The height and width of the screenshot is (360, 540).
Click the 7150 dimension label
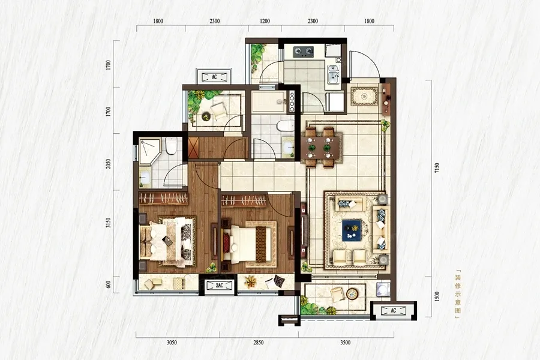(x=437, y=168)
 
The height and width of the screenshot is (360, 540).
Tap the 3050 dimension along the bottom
(x=172, y=343)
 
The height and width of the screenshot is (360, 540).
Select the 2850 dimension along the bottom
(x=258, y=343)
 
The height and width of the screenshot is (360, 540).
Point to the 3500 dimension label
(x=345, y=343)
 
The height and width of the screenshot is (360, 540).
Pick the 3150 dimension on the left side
(x=109, y=223)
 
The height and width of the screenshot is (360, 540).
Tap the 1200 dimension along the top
(x=265, y=22)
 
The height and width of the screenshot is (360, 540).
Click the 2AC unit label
(x=220, y=286)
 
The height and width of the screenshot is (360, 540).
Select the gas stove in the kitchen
(x=304, y=52)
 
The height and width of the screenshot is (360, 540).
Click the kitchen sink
(x=332, y=75)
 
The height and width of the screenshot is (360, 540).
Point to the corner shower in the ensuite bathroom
(x=150, y=150)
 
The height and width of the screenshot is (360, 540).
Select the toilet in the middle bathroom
(x=285, y=126)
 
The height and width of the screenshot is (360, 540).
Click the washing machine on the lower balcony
(x=383, y=289)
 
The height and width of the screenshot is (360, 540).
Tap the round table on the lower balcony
(x=352, y=293)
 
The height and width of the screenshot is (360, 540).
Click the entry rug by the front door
(x=364, y=97)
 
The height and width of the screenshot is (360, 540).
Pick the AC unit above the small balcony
(x=214, y=77)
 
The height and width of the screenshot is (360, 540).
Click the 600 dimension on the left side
(x=109, y=284)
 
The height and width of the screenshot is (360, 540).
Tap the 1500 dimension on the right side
(x=437, y=296)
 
